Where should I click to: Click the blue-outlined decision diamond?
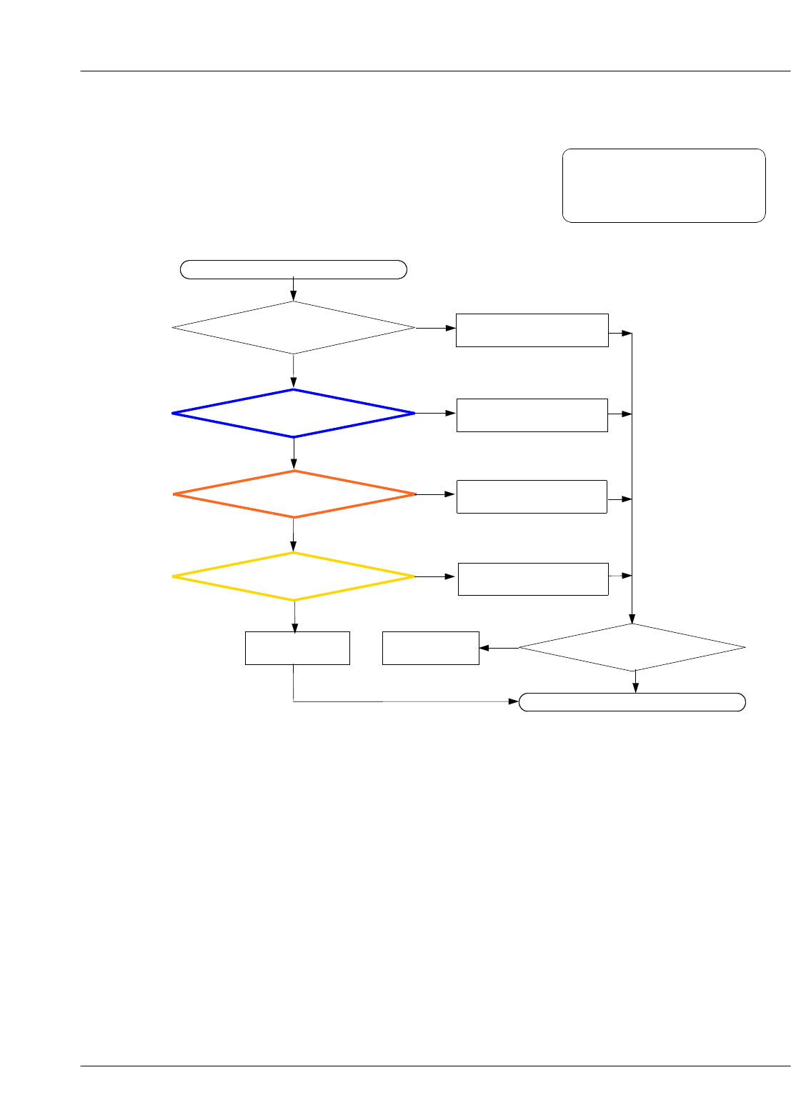(294, 414)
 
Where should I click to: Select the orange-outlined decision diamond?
(294, 494)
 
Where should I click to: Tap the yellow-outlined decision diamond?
(294, 576)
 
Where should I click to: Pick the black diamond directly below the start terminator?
(294, 328)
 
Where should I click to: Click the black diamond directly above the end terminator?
(632, 648)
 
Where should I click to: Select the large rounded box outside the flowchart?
(664, 186)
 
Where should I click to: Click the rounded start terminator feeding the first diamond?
(294, 269)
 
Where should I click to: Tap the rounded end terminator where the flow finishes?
(632, 702)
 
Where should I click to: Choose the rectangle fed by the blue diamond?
(532, 415)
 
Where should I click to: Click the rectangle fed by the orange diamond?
(532, 496)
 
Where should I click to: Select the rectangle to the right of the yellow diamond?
(533, 579)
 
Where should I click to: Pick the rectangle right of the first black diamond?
(532, 330)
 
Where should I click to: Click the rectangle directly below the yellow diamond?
(297, 648)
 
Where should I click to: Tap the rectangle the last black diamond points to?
(430, 648)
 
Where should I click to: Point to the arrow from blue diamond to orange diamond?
(294, 454)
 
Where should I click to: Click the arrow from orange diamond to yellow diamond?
(294, 535)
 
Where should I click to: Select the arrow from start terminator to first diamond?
(294, 289)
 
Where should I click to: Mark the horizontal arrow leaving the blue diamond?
(435, 414)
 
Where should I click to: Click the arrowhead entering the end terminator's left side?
(514, 702)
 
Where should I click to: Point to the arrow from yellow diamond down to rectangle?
(294, 616)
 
